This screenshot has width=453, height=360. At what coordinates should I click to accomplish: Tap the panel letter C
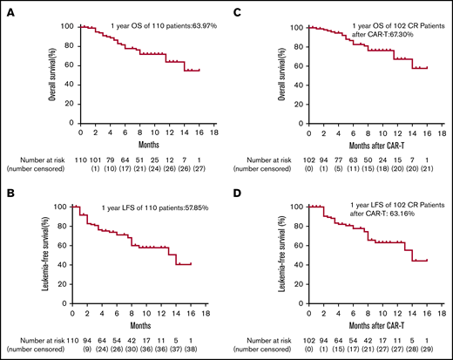239,8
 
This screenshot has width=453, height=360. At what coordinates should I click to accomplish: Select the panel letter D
239,187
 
